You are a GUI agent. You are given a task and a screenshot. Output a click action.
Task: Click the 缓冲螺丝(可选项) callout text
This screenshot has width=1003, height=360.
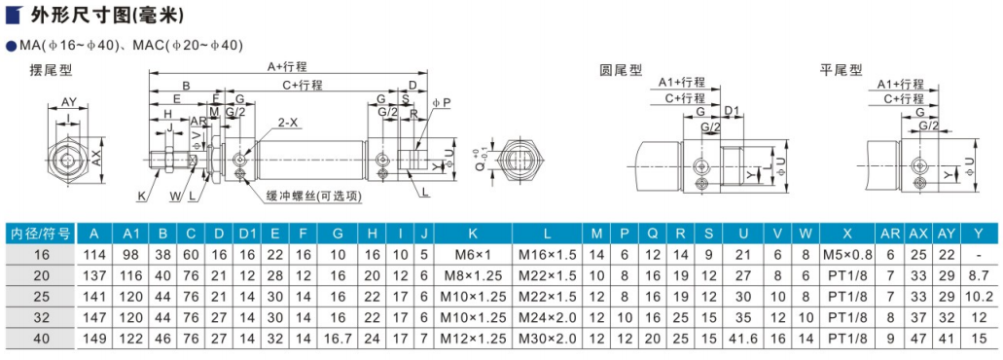pyautogui.click(x=314, y=197)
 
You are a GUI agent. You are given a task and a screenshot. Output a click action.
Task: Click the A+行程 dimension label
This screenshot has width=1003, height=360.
pyautogui.click(x=288, y=66)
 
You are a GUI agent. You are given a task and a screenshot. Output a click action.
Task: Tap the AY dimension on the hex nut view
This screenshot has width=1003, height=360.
pyautogui.click(x=69, y=102)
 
